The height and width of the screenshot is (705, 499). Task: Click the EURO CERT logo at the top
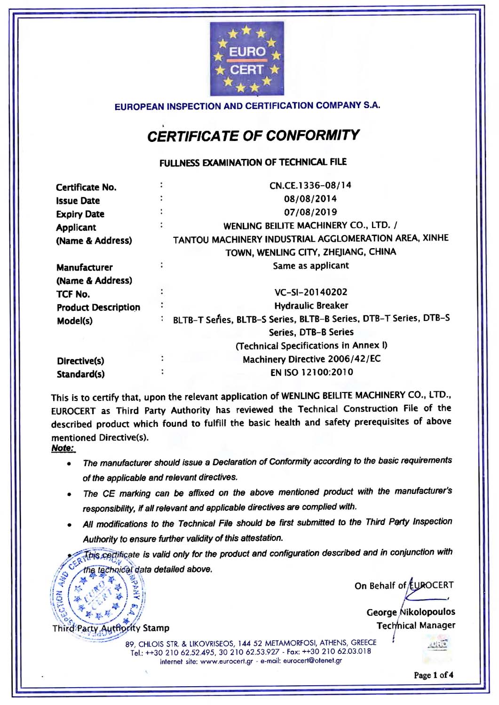tap(247, 59)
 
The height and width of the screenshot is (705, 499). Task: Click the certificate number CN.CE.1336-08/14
tap(310, 185)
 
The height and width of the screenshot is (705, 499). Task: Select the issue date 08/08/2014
tap(310, 198)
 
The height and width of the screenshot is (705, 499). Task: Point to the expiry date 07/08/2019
tap(310, 212)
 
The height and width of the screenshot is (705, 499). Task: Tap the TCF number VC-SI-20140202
tap(311, 292)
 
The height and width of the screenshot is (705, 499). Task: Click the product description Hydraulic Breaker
tap(311, 305)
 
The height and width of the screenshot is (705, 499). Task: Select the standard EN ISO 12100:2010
tap(311, 372)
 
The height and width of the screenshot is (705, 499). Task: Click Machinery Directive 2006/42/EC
tap(311, 359)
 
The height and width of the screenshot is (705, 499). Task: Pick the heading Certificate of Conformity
tap(253, 136)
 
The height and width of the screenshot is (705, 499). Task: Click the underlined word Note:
tap(63, 448)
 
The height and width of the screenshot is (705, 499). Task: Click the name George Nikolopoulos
tap(411, 612)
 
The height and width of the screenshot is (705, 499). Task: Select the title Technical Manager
tap(416, 626)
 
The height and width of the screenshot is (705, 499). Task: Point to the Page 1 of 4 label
tap(433, 675)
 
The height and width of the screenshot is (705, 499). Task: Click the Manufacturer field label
tap(85, 267)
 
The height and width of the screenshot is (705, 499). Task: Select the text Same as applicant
tap(311, 266)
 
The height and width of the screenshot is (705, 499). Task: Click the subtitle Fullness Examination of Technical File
tap(253, 163)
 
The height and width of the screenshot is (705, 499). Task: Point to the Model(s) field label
tap(75, 321)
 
